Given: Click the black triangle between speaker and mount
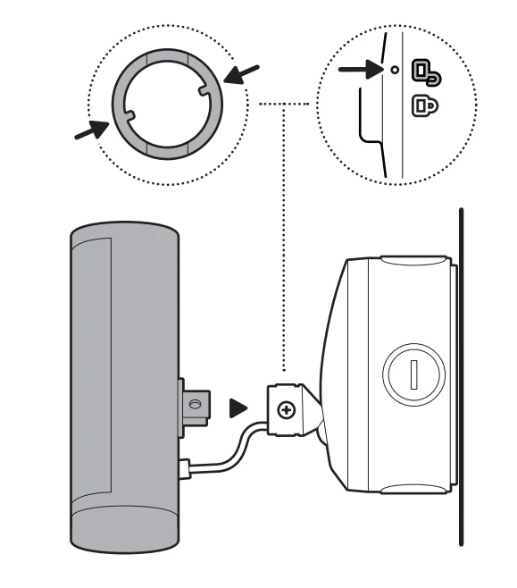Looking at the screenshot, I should pyautogui.click(x=238, y=408).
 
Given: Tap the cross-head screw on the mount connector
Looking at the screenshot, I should pyautogui.click(x=286, y=411).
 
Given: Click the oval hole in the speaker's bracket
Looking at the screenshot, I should pyautogui.click(x=196, y=405).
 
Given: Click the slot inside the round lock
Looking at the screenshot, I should pyautogui.click(x=413, y=374).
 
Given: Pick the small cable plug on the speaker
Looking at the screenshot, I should pyautogui.click(x=184, y=466).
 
